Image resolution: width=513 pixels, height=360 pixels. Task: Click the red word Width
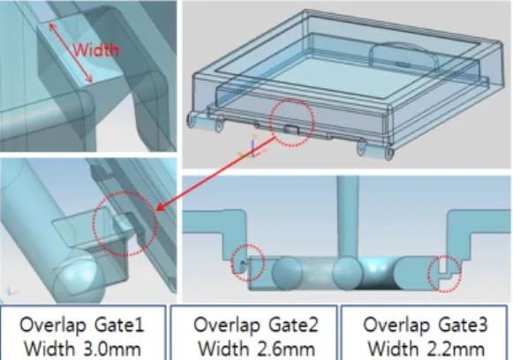click(96, 50)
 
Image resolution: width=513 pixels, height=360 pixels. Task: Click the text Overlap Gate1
click(82, 325)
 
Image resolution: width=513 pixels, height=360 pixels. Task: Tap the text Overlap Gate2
click(255, 325)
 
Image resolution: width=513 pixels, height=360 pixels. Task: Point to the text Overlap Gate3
click(426, 325)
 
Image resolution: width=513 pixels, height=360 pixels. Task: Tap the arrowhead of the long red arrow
click(161, 208)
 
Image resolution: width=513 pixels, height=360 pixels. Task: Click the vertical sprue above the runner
click(348, 217)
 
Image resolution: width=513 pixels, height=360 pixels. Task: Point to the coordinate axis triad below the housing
click(253, 150)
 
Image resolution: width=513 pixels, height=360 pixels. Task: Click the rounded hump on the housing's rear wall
click(404, 54)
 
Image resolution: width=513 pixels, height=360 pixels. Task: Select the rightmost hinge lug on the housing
click(389, 154)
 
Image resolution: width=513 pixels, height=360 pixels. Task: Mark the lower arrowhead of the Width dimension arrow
click(89, 79)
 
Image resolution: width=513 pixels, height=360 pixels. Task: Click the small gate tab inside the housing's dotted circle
click(291, 130)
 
